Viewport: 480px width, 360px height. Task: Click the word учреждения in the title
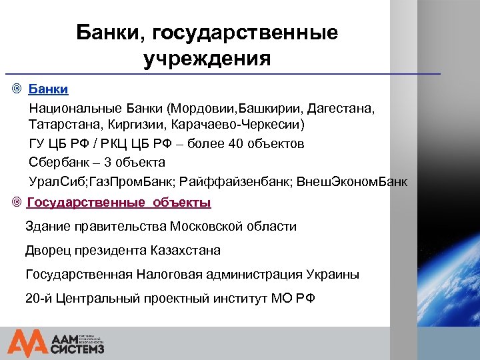tap(207, 59)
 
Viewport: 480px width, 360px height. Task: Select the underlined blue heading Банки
tap(48, 89)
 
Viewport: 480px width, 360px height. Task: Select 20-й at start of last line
tap(38, 298)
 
